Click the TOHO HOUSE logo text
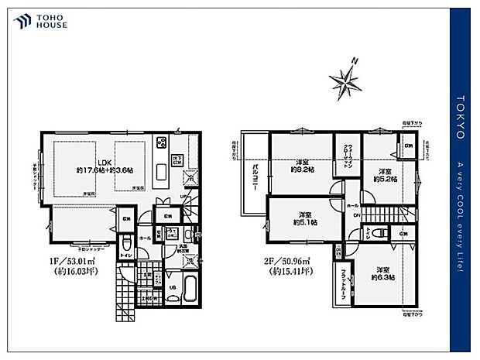[51, 21]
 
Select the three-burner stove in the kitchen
[163, 142]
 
